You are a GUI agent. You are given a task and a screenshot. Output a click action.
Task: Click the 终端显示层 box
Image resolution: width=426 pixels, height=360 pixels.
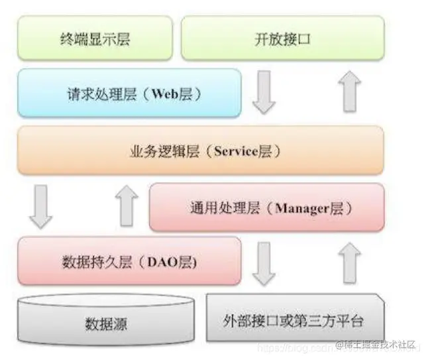tap(94, 38)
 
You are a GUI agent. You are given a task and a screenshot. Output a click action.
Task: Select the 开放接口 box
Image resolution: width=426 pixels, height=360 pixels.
tap(282, 38)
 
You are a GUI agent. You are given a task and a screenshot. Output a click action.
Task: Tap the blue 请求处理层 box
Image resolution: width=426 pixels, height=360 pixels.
tap(129, 93)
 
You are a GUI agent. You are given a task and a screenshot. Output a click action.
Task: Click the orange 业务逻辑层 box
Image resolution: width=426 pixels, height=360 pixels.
tap(201, 150)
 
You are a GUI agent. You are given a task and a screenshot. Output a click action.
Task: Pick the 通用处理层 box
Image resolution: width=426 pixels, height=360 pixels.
tap(267, 208)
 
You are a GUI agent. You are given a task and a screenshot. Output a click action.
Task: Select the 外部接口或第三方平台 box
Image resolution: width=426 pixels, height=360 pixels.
tap(293, 321)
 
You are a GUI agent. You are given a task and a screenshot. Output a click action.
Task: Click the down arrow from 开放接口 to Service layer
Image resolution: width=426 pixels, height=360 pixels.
tap(264, 93)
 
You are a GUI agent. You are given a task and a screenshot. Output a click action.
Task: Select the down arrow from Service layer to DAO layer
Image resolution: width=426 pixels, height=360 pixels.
tap(41, 207)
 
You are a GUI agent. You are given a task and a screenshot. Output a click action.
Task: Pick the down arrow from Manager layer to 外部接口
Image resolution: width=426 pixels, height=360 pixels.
tap(264, 262)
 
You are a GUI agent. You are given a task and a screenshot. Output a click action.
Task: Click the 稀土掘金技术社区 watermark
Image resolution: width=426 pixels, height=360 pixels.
tap(378, 345)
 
